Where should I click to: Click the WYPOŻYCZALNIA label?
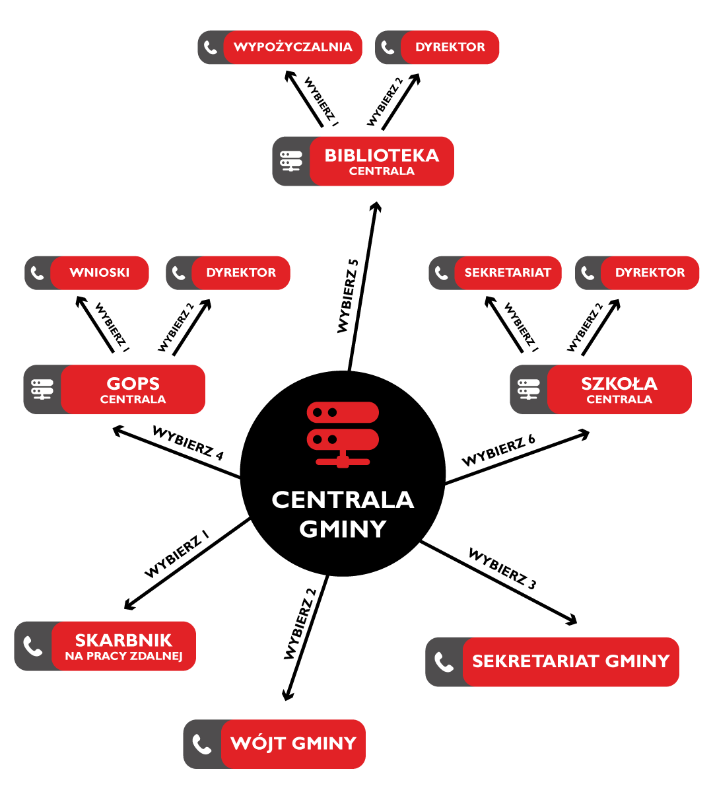[x=292, y=48]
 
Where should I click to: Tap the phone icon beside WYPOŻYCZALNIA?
[x=211, y=48]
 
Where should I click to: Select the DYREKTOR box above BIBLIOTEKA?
[x=450, y=48]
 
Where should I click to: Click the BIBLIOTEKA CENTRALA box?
[x=382, y=161]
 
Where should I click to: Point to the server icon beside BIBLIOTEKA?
[x=291, y=161]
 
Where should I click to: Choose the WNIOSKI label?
[x=100, y=273]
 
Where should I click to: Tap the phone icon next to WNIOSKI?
[x=38, y=273]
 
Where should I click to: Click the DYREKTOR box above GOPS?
[x=240, y=273]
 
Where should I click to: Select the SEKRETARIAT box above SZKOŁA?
[x=507, y=273]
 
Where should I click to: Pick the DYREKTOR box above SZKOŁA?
[x=650, y=273]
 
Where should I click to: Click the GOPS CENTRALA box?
[x=133, y=390]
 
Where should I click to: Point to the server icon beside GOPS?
[x=42, y=390]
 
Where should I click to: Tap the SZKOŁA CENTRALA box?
[x=619, y=390]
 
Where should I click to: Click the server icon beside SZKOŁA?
[x=529, y=390]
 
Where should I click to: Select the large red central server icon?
[x=343, y=434]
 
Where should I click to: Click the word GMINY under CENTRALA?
[x=343, y=530]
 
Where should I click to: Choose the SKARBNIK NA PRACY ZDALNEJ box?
[x=123, y=646]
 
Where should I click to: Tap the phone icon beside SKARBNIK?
[x=33, y=646]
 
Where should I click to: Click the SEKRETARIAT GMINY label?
[x=570, y=662]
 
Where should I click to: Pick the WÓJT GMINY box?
[x=293, y=744]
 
